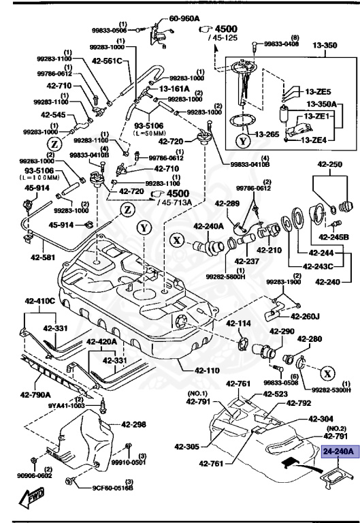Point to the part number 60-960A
(184, 18)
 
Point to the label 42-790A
(33, 394)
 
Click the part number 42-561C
(105, 61)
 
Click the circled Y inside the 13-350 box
(243, 142)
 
